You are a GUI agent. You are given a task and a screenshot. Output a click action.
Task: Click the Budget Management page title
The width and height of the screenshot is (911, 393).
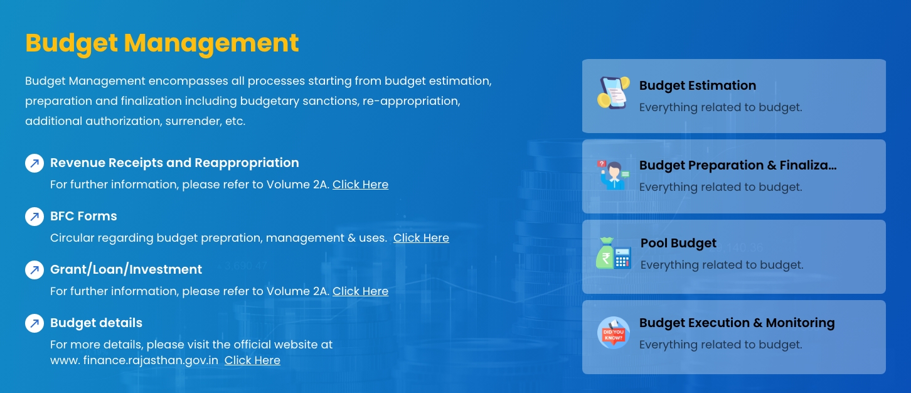[x=162, y=43]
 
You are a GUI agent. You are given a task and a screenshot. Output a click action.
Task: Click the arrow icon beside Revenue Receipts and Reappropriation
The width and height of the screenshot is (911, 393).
[x=35, y=163]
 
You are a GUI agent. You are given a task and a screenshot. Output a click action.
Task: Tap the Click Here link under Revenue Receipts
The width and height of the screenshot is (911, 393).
[x=360, y=185]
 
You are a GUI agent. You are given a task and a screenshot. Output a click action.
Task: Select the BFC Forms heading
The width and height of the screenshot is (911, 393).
[x=83, y=216]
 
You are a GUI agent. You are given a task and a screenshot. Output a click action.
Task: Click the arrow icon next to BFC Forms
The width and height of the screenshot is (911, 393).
[x=35, y=217]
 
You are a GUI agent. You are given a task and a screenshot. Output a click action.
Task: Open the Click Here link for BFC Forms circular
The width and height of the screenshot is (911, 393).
[x=421, y=238]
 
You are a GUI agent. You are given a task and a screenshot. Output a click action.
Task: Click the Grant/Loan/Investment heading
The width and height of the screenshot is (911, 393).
[x=126, y=269]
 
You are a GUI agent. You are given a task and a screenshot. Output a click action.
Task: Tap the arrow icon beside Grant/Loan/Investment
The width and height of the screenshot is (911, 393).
[x=35, y=270]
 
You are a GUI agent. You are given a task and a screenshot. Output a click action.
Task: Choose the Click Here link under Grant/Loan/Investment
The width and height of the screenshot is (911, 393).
[x=360, y=291]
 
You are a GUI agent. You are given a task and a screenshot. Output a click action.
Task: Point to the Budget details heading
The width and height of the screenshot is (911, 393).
[x=96, y=323]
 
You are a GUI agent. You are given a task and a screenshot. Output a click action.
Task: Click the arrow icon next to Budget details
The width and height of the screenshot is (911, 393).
[x=35, y=323]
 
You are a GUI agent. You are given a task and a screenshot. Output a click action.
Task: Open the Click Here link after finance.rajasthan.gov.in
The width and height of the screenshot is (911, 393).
[x=252, y=360]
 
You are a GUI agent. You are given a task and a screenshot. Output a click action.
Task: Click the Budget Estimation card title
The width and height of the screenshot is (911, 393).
[x=698, y=85]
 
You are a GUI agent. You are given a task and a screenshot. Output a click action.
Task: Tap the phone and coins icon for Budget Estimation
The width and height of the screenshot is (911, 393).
[x=614, y=93]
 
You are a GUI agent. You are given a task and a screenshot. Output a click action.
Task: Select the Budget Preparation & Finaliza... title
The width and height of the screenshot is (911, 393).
[x=738, y=165]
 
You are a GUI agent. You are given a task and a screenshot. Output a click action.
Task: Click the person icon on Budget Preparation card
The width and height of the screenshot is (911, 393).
[x=614, y=175]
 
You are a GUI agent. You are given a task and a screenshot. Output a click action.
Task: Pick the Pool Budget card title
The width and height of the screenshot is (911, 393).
[x=678, y=243]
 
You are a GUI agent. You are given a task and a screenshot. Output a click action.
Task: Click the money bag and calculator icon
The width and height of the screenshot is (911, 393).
[x=614, y=253]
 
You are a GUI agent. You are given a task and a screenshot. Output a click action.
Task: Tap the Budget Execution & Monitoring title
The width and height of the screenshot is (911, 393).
[x=737, y=323]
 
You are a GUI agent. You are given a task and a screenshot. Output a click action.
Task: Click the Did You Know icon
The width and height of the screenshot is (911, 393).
[x=614, y=333]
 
